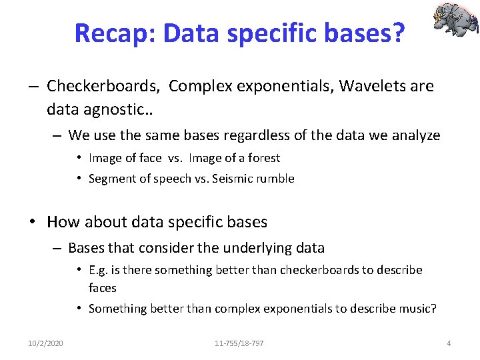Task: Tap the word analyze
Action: pos(415,135)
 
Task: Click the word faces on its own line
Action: pos(102,288)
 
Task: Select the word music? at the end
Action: pos(416,308)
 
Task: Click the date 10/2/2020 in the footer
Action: pos(45,343)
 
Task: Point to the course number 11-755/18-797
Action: pos(239,343)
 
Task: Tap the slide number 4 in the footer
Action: pos(449,343)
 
